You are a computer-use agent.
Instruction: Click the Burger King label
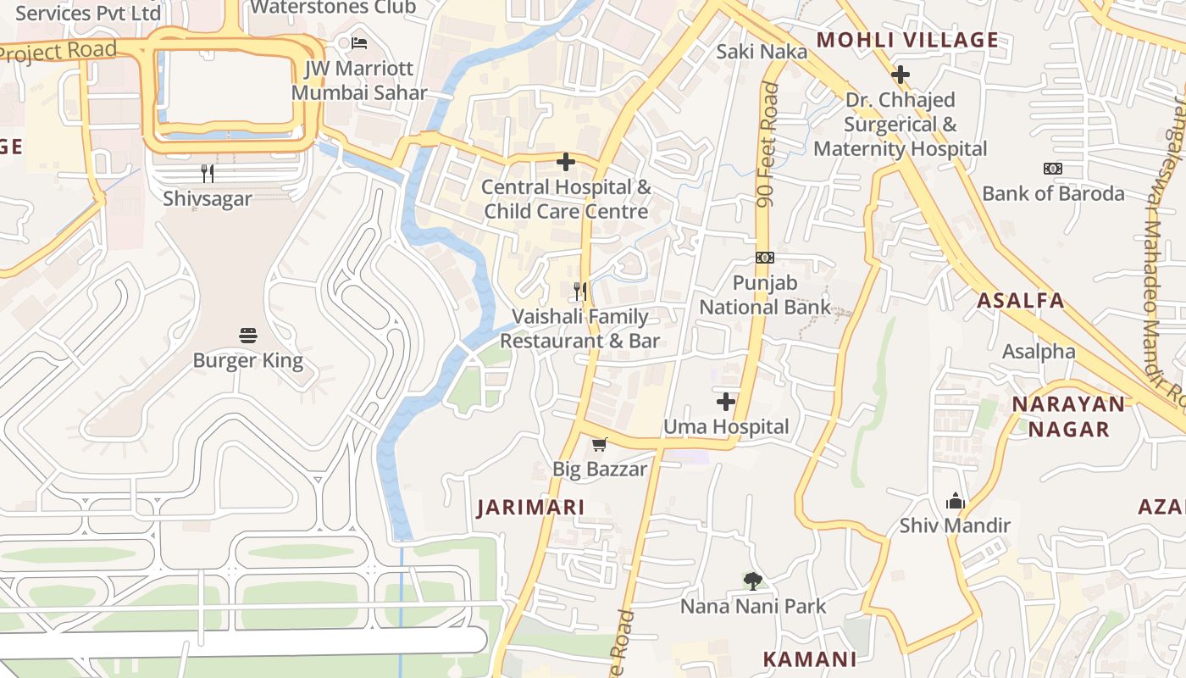(247, 361)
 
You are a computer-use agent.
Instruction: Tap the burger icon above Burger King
(247, 336)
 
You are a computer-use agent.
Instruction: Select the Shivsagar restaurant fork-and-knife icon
(208, 174)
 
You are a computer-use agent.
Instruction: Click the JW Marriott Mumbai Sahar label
(359, 81)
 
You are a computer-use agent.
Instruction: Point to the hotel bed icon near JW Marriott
(359, 42)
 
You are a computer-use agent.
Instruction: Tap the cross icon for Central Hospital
(566, 161)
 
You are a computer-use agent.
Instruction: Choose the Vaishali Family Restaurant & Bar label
(580, 329)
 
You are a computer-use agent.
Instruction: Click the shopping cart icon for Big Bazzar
(600, 444)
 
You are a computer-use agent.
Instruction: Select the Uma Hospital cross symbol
(725, 402)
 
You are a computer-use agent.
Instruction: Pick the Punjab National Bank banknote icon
(764, 258)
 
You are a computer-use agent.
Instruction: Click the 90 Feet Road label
(768, 144)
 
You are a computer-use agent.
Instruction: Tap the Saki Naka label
(762, 52)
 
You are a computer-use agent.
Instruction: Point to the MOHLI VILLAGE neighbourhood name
(907, 40)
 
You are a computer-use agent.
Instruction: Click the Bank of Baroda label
(1053, 193)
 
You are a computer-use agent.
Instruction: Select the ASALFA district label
(1020, 300)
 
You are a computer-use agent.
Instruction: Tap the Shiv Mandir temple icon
(956, 501)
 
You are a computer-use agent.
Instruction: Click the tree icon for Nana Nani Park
(752, 581)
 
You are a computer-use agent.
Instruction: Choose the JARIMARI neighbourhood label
(530, 508)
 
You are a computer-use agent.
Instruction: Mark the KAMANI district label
(809, 659)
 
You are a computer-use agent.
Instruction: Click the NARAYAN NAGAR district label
(1068, 416)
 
